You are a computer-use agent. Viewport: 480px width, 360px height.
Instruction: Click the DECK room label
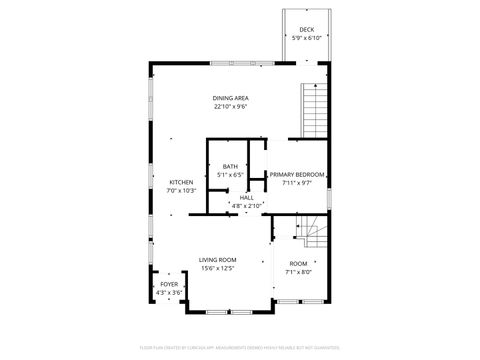[x=307, y=30]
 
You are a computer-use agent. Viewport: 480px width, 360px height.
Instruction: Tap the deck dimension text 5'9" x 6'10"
[x=307, y=38]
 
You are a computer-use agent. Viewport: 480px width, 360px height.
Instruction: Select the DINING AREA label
[x=230, y=98]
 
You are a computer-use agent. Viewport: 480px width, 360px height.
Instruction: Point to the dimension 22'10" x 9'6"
[x=230, y=106]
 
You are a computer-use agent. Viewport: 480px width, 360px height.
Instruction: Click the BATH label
[x=230, y=166]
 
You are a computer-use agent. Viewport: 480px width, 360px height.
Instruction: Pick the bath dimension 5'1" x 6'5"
[x=230, y=174]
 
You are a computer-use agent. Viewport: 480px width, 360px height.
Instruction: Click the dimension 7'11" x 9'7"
[x=297, y=182]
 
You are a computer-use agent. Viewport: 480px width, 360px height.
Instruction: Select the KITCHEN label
[x=181, y=182]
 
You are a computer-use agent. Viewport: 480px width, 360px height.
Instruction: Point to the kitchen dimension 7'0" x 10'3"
[x=181, y=190]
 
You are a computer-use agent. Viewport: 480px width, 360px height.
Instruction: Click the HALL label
[x=246, y=197]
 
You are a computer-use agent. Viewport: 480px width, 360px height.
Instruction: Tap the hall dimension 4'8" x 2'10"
[x=246, y=205]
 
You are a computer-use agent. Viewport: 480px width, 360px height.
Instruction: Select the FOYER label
[x=169, y=285]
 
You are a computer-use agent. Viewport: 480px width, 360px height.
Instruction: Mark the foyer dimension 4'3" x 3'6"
[x=169, y=293]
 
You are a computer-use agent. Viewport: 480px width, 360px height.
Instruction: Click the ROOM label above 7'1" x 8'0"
[x=299, y=263]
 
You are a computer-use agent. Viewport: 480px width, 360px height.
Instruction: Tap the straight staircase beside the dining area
[x=314, y=109]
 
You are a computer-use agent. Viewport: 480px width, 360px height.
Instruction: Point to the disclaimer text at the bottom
[x=240, y=349]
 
